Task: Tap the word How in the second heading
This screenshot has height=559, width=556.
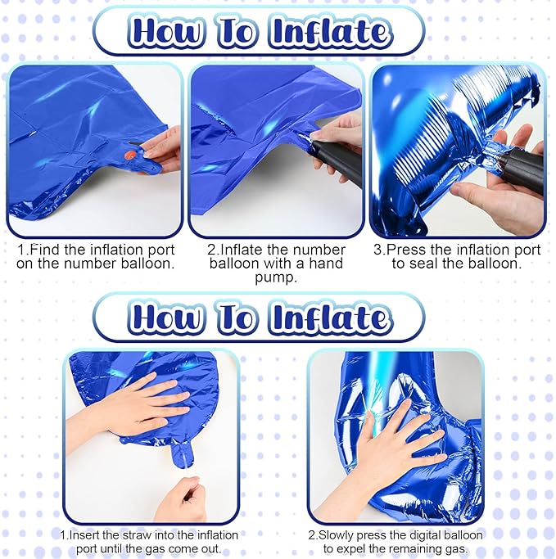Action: (165, 317)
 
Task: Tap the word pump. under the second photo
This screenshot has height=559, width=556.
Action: (276, 277)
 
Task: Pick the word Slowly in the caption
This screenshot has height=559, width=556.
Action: (339, 534)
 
